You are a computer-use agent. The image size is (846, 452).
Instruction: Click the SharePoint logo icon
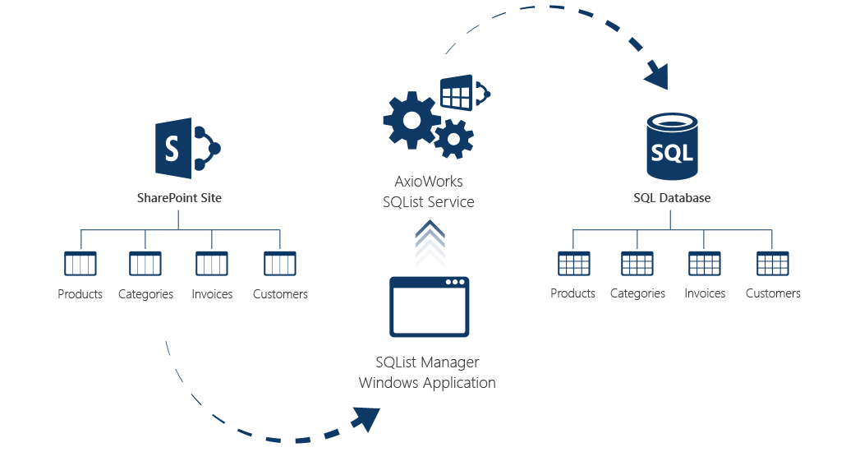187,148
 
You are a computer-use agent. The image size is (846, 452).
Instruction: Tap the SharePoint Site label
179,198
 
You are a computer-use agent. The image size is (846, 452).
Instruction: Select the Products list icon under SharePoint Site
80,264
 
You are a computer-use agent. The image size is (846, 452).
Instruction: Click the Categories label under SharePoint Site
145,294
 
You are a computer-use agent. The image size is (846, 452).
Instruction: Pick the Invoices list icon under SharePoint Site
212,264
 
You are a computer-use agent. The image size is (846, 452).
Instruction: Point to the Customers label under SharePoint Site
280,294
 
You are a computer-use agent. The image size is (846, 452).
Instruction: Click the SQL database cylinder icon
671,148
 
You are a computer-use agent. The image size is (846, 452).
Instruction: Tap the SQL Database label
672,198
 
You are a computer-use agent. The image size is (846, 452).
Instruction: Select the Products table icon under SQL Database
573,264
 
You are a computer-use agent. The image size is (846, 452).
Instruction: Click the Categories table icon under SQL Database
637,264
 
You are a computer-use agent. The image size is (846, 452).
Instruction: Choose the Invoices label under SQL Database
705,293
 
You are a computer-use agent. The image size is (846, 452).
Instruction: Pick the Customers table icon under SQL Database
773,264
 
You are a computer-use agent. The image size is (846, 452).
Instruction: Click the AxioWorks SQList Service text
428,191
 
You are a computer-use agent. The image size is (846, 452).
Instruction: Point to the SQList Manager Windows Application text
427,372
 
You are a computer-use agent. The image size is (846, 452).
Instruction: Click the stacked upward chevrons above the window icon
429,242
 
